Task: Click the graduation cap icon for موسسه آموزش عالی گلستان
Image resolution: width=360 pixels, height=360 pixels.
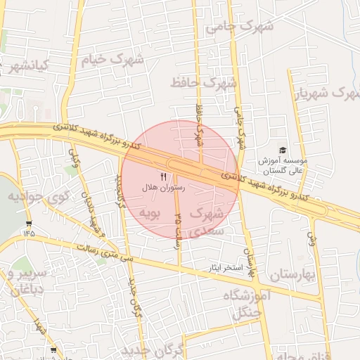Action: coord(283,150)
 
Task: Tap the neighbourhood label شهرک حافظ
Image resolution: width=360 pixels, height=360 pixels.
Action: coord(204,83)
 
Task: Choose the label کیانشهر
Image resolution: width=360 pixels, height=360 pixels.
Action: coord(21,66)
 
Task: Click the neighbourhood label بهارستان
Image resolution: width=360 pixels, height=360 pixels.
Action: coord(295,274)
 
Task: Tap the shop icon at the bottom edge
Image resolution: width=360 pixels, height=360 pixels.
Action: coord(54,349)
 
